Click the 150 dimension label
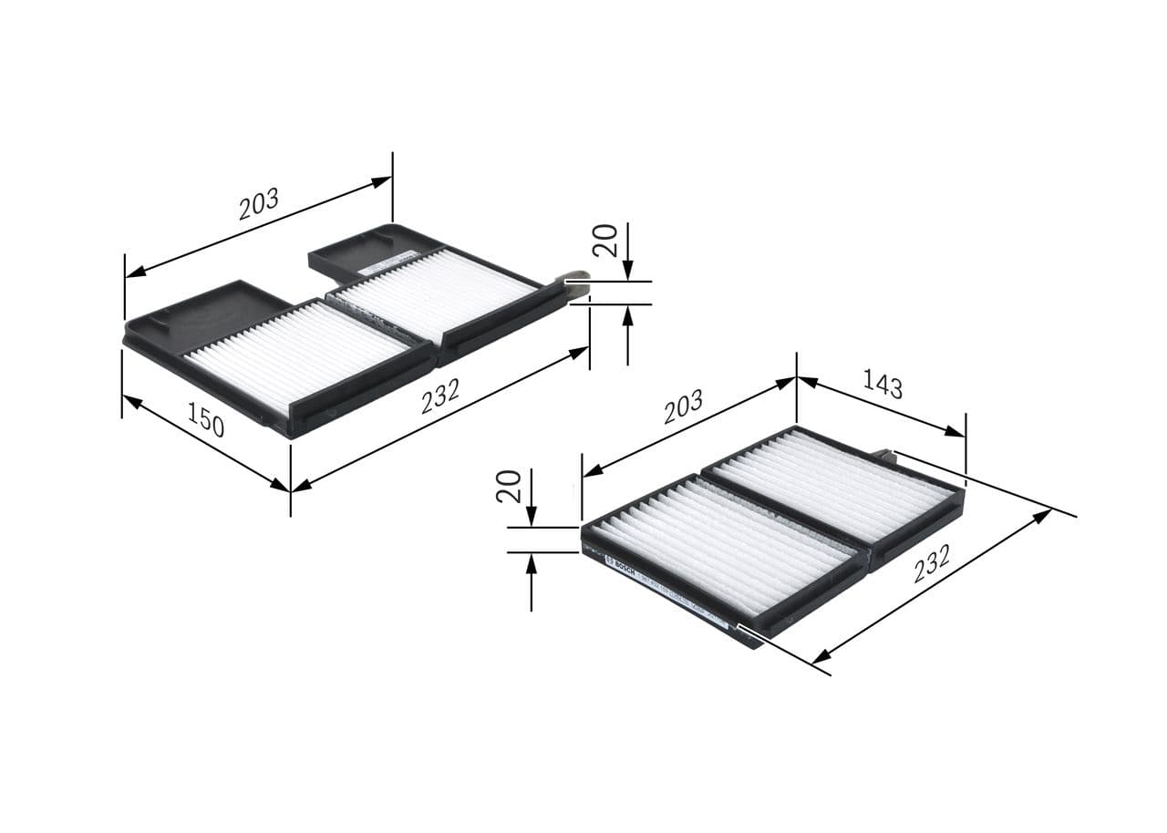[207, 420]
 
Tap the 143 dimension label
[883, 385]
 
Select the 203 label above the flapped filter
[259, 205]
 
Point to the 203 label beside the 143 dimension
[683, 406]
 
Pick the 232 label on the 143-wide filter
[932, 571]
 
